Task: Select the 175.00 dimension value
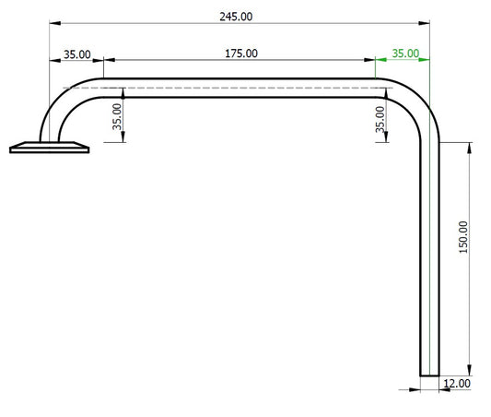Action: [241, 54]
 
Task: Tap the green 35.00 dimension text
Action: [405, 54]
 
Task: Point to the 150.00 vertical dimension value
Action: [462, 237]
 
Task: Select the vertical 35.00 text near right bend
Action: [381, 119]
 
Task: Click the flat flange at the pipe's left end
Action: [50, 147]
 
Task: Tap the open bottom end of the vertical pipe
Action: [430, 374]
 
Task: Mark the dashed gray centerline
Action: [230, 88]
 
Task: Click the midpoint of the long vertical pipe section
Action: [430, 258]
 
